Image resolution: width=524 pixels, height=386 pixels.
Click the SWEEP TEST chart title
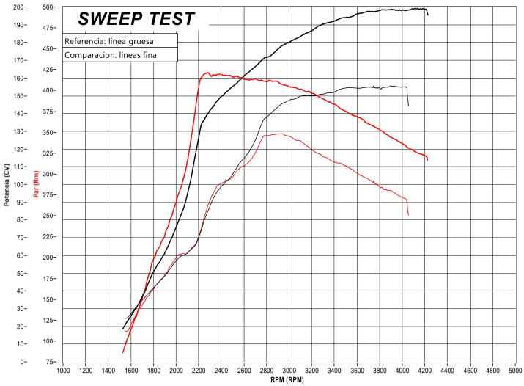coord(137,18)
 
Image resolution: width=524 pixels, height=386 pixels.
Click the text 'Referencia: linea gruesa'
coord(109,41)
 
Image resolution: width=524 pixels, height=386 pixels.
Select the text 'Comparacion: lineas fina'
coord(111,55)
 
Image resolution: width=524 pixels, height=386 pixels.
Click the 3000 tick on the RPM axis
coord(289,370)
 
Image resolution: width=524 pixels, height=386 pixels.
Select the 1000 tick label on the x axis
coord(63,370)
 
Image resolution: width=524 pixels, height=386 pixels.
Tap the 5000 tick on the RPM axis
coord(515,370)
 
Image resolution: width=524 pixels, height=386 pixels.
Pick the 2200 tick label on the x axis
coord(199,370)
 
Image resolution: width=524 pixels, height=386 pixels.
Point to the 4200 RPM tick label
coord(425,370)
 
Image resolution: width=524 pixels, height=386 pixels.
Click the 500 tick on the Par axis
coord(48,7)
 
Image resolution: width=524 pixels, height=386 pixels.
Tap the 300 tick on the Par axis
coord(48,174)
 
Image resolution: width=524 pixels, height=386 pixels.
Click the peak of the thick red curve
coord(207,73)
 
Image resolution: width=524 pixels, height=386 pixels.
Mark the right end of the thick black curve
coord(428,15)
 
